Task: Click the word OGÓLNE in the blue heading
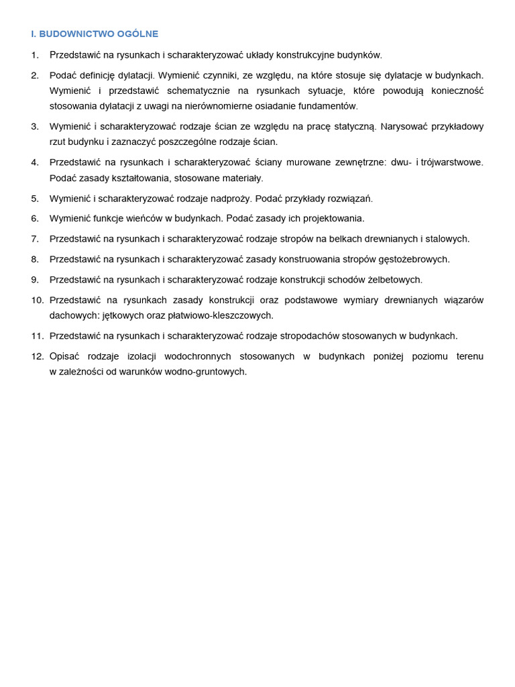coord(137,34)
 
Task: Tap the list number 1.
coord(35,55)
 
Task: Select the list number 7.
coord(35,239)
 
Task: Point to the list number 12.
coord(37,356)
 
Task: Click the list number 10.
coord(37,300)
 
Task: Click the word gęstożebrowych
coord(415,259)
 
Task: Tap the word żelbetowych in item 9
coord(395,280)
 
